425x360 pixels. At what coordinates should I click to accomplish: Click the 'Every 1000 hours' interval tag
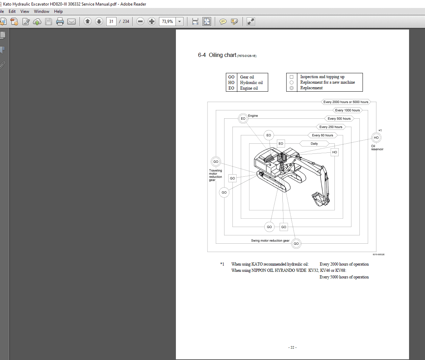point(347,110)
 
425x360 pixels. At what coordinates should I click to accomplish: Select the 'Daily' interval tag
point(314,144)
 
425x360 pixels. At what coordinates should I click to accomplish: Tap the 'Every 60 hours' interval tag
point(322,135)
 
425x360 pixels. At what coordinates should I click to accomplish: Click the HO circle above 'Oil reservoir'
point(376,138)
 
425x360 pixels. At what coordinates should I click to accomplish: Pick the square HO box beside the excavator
point(334,152)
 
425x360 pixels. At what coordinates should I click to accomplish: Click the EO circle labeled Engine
point(243,119)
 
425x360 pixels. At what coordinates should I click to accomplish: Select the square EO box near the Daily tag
point(281,143)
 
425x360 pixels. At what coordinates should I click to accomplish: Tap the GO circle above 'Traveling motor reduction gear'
point(216,162)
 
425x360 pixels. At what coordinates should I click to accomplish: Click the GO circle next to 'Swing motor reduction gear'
point(296,244)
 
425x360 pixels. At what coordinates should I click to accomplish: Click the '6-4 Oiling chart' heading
point(217,55)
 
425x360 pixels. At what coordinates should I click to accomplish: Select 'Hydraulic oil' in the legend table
point(251,83)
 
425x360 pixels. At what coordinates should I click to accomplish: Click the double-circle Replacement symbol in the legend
point(291,88)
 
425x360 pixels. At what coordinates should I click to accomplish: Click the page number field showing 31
point(111,22)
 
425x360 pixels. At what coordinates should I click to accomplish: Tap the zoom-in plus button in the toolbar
point(152,22)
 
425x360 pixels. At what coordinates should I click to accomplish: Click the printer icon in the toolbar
point(60,22)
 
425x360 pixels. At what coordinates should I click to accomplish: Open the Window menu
point(42,11)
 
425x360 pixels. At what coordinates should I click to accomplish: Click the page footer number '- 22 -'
point(292,348)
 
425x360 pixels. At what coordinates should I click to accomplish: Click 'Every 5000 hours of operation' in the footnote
point(344,277)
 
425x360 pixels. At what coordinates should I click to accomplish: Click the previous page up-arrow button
point(87,22)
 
